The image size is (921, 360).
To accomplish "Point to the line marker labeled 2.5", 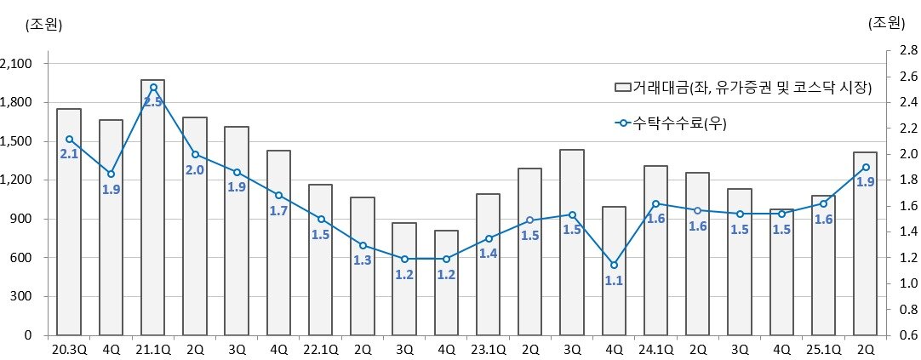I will click(153, 87).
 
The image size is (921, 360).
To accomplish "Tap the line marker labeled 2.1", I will click(69, 139).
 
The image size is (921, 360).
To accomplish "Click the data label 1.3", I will click(362, 260).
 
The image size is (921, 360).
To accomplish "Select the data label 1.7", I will click(278, 210).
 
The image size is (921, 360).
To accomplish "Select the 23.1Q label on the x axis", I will click(488, 349).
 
